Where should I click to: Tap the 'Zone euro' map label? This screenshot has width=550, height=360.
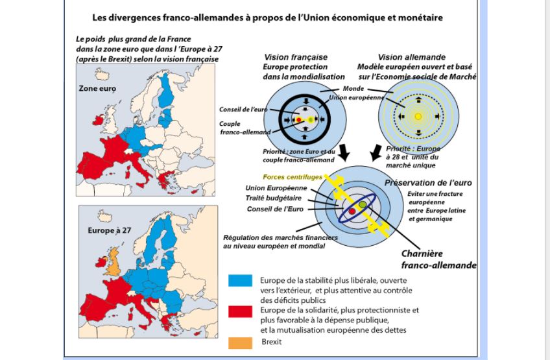pos(98,88)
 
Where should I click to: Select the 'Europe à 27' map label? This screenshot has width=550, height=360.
pos(110,230)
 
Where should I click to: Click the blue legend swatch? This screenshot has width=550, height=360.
pos(240,281)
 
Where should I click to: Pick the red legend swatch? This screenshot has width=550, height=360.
pos(240,311)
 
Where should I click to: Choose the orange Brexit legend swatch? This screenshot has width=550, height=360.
pos(240,342)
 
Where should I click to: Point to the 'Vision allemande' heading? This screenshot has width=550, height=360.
pos(412,57)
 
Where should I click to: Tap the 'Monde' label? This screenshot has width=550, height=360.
pos(353,89)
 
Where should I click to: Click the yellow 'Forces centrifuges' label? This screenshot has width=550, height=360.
pos(292,177)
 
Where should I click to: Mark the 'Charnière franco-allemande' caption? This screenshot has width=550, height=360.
pos(438,259)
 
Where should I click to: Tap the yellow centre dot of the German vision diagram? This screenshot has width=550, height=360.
pos(418,117)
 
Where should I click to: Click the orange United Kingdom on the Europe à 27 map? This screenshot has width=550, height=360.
pos(114,265)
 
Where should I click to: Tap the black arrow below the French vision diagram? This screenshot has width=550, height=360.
pos(344,153)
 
